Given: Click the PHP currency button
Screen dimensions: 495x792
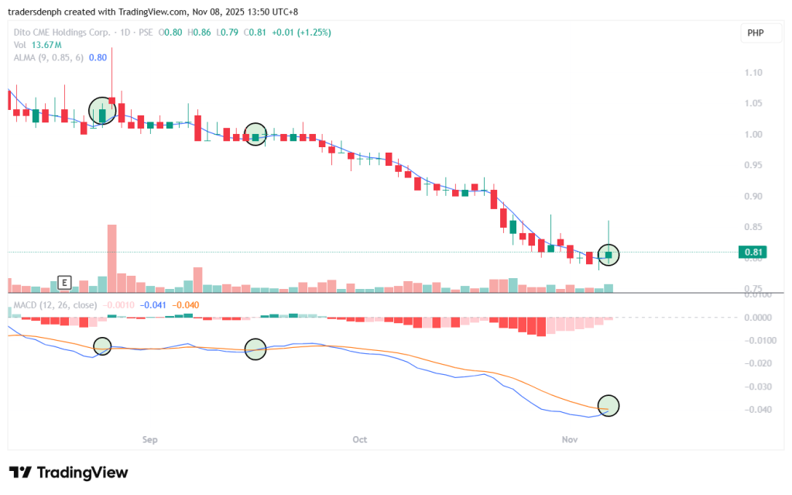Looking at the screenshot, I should (755, 33).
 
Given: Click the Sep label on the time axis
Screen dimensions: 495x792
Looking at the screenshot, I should (150, 439).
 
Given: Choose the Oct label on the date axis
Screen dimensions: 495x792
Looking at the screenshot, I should (359, 439).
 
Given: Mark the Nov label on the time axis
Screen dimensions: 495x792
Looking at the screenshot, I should (570, 439).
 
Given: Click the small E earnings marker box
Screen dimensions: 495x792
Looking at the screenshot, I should (65, 283).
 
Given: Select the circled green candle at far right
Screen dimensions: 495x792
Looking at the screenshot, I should (609, 254).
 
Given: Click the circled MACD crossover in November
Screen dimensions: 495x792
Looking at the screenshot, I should (609, 405).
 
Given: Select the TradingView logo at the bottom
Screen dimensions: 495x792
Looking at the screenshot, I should (68, 473).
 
